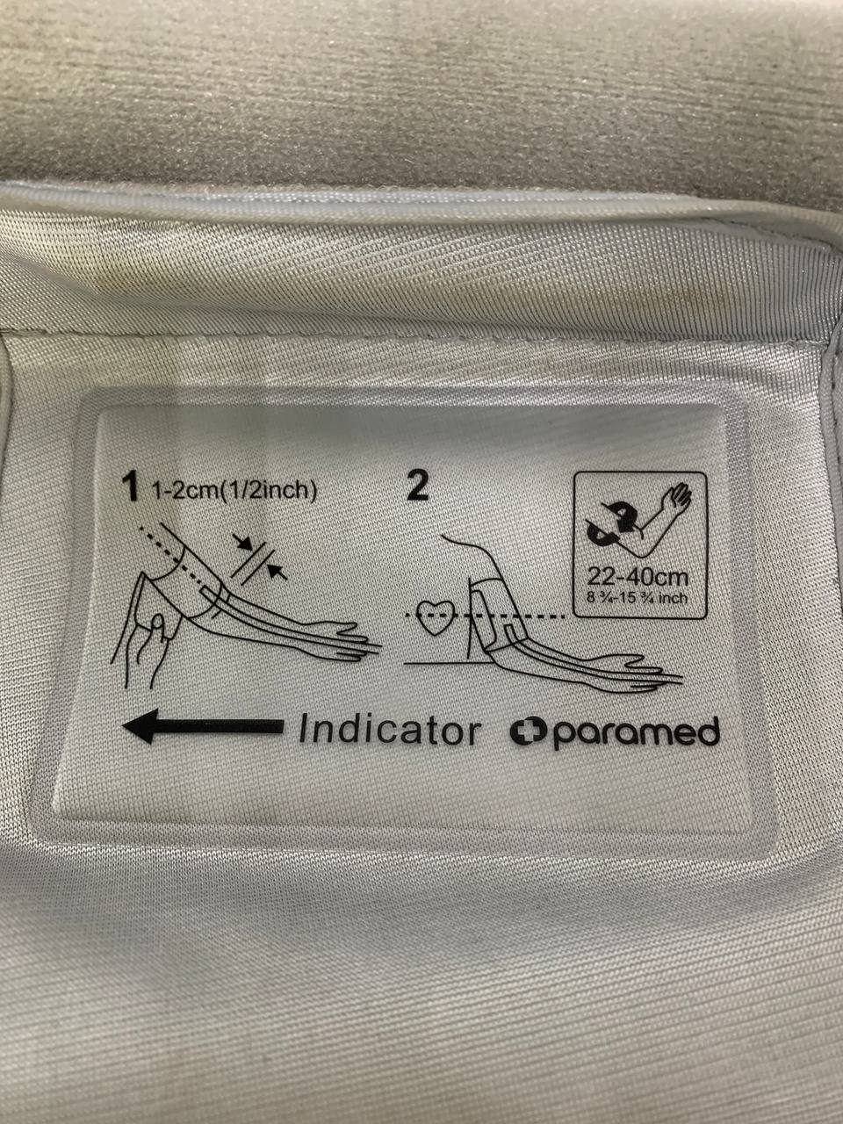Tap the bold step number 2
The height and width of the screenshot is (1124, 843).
(x=417, y=486)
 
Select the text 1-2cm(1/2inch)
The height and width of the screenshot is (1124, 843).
(x=234, y=491)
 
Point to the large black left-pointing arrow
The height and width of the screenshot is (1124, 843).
(x=203, y=725)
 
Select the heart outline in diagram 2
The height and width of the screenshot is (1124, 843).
(x=434, y=616)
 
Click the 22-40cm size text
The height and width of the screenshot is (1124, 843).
(x=638, y=578)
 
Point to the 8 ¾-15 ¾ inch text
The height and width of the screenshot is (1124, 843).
(x=638, y=598)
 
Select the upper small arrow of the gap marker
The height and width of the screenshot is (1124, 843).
(x=241, y=542)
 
